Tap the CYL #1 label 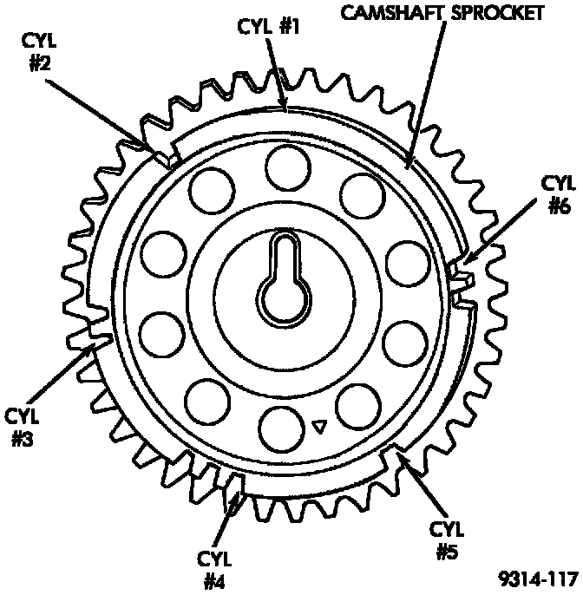tap(268, 27)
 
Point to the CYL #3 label tap(23, 425)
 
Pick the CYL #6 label tap(558, 195)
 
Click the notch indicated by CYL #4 tap(239, 483)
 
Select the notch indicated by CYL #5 tap(396, 453)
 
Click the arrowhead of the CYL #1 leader tap(285, 108)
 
